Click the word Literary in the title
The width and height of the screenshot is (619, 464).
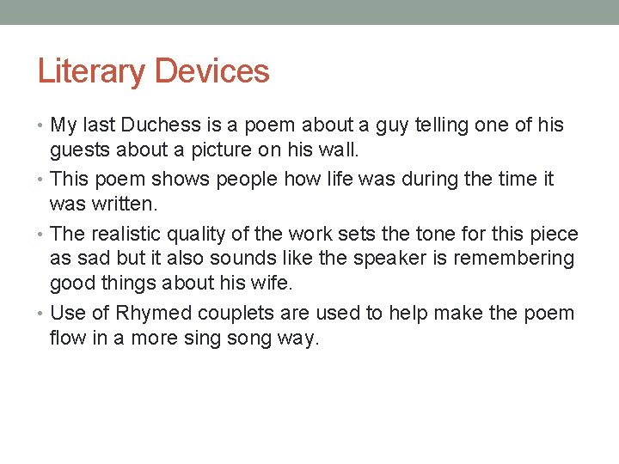pos(89,71)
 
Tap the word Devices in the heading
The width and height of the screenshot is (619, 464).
pos(211,71)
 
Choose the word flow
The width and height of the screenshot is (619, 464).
pos(67,339)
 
